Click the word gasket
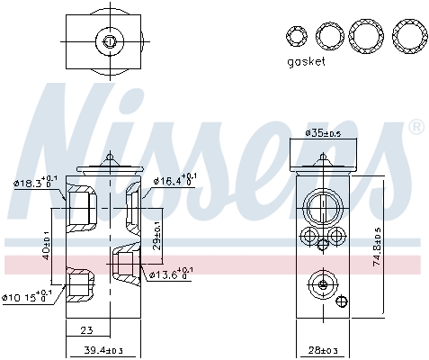(x=307, y=62)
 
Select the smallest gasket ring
(x=296, y=36)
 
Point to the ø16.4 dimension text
(x=174, y=181)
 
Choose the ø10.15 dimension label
(x=27, y=296)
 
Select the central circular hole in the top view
(x=109, y=39)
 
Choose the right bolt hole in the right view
(x=336, y=238)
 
